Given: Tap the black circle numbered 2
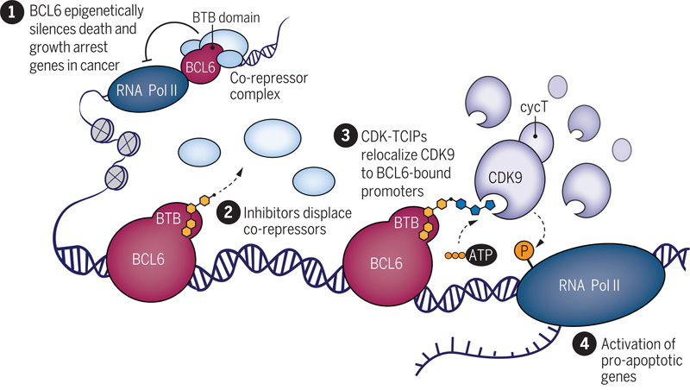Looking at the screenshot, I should pyautogui.click(x=227, y=212).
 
